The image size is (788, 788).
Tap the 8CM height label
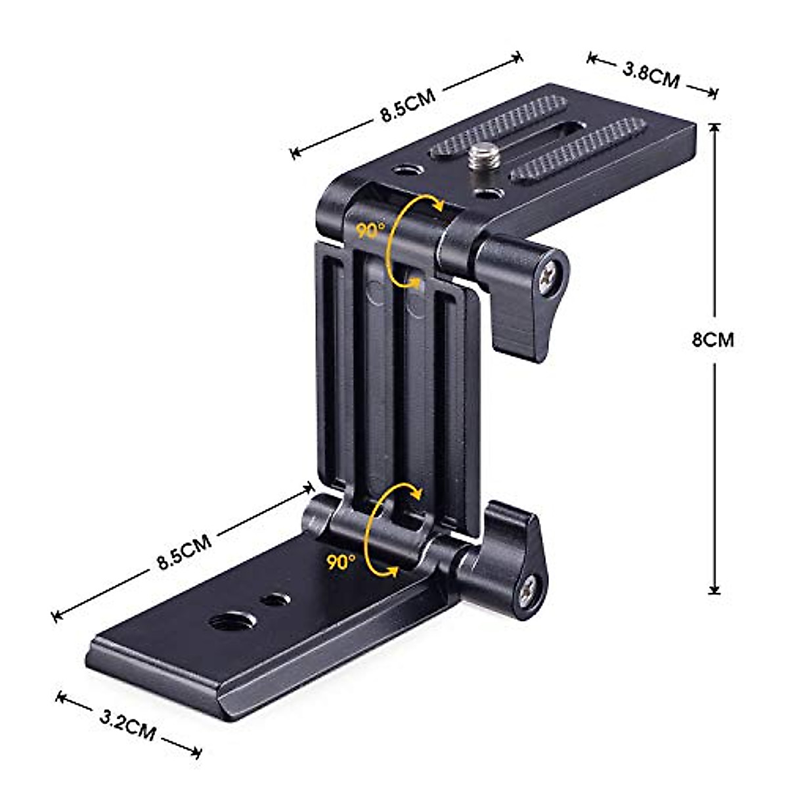[712, 339]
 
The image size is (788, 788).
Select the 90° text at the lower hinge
[341, 562]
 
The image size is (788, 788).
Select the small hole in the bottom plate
[274, 600]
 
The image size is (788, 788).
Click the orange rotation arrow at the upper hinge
[401, 243]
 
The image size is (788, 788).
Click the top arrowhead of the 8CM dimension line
[714, 126]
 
